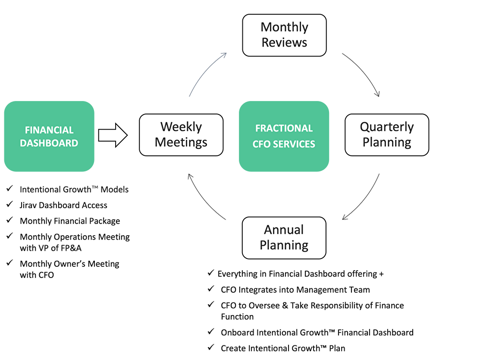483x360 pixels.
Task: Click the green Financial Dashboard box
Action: (x=49, y=136)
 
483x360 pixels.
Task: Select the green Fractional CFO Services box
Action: (x=284, y=136)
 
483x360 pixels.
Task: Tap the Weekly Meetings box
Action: (x=181, y=134)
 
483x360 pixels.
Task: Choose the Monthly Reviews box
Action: (x=284, y=35)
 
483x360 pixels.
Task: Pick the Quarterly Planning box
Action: (x=387, y=134)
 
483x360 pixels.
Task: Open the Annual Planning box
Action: (x=284, y=237)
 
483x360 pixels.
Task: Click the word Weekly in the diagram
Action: (x=181, y=127)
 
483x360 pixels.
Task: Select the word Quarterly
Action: (x=387, y=127)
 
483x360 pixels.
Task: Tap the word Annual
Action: (x=284, y=230)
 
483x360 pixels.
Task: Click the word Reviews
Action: (x=284, y=42)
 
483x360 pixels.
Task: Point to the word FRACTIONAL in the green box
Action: (x=284, y=129)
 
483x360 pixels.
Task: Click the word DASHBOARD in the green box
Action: (x=49, y=143)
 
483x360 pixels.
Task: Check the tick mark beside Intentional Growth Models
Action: (x=9, y=188)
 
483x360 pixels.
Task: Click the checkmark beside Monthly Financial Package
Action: (x=9, y=220)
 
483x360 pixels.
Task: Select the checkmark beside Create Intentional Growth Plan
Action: (x=210, y=347)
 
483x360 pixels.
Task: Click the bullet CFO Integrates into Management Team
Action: (x=295, y=290)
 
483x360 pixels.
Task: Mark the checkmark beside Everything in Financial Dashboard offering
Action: (x=210, y=273)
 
